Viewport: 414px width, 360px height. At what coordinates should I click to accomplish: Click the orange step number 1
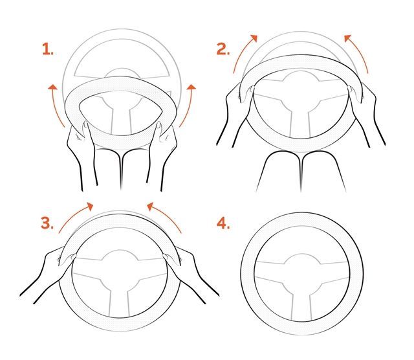[x=48, y=49]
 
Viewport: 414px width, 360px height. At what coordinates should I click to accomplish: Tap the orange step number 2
[x=223, y=49]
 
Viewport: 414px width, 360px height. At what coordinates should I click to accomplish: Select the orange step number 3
[x=47, y=223]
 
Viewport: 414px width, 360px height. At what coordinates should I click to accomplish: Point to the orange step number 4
[x=223, y=223]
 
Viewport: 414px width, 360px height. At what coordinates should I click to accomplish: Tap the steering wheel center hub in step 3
[x=120, y=264]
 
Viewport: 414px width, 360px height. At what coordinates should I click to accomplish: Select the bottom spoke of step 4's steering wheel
[x=302, y=304]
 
